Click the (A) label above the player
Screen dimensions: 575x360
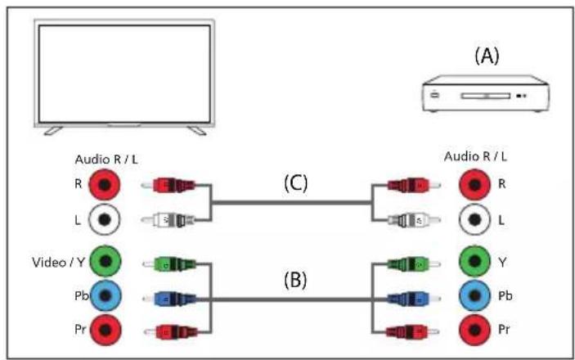pyautogui.click(x=487, y=56)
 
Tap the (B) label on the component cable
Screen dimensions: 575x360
pyautogui.click(x=295, y=280)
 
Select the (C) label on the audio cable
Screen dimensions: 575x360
pyautogui.click(x=296, y=182)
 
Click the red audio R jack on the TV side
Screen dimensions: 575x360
pyautogui.click(x=105, y=185)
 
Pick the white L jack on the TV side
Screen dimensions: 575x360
pyautogui.click(x=105, y=219)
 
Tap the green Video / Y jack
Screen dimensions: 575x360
pyautogui.click(x=106, y=261)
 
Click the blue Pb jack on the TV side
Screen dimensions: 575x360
pyautogui.click(x=106, y=295)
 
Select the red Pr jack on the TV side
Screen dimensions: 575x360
pyautogui.click(x=106, y=330)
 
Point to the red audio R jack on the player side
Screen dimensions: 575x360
pyautogui.click(x=474, y=185)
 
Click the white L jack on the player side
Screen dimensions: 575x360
pyautogui.click(x=474, y=219)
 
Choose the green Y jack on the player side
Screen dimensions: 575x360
pyautogui.click(x=474, y=261)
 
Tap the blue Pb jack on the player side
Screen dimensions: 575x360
pyautogui.click(x=474, y=295)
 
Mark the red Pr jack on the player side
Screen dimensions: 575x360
pyautogui.click(x=474, y=330)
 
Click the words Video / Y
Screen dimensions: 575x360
pyautogui.click(x=59, y=263)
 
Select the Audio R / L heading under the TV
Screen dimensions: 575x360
pyautogui.click(x=106, y=160)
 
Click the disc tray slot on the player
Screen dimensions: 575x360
pyautogui.click(x=486, y=96)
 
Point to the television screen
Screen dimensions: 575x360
pyautogui.click(x=124, y=74)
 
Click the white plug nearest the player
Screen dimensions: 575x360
pyautogui.click(x=414, y=220)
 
